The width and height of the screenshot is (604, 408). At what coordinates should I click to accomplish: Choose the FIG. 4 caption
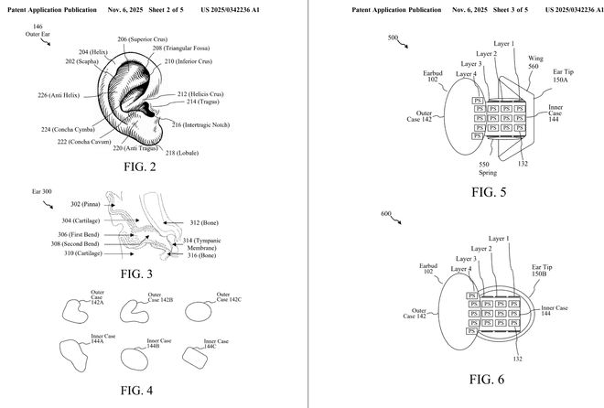[136, 391]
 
